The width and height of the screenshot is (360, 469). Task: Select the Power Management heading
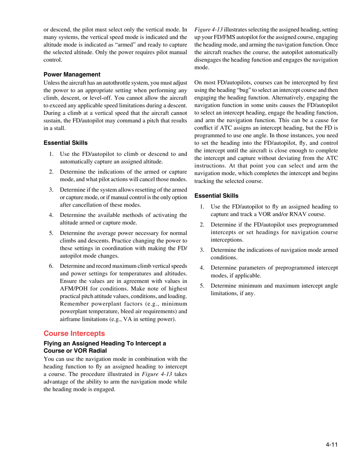pos(72,74)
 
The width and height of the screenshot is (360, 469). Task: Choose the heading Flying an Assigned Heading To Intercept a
pos(105,345)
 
